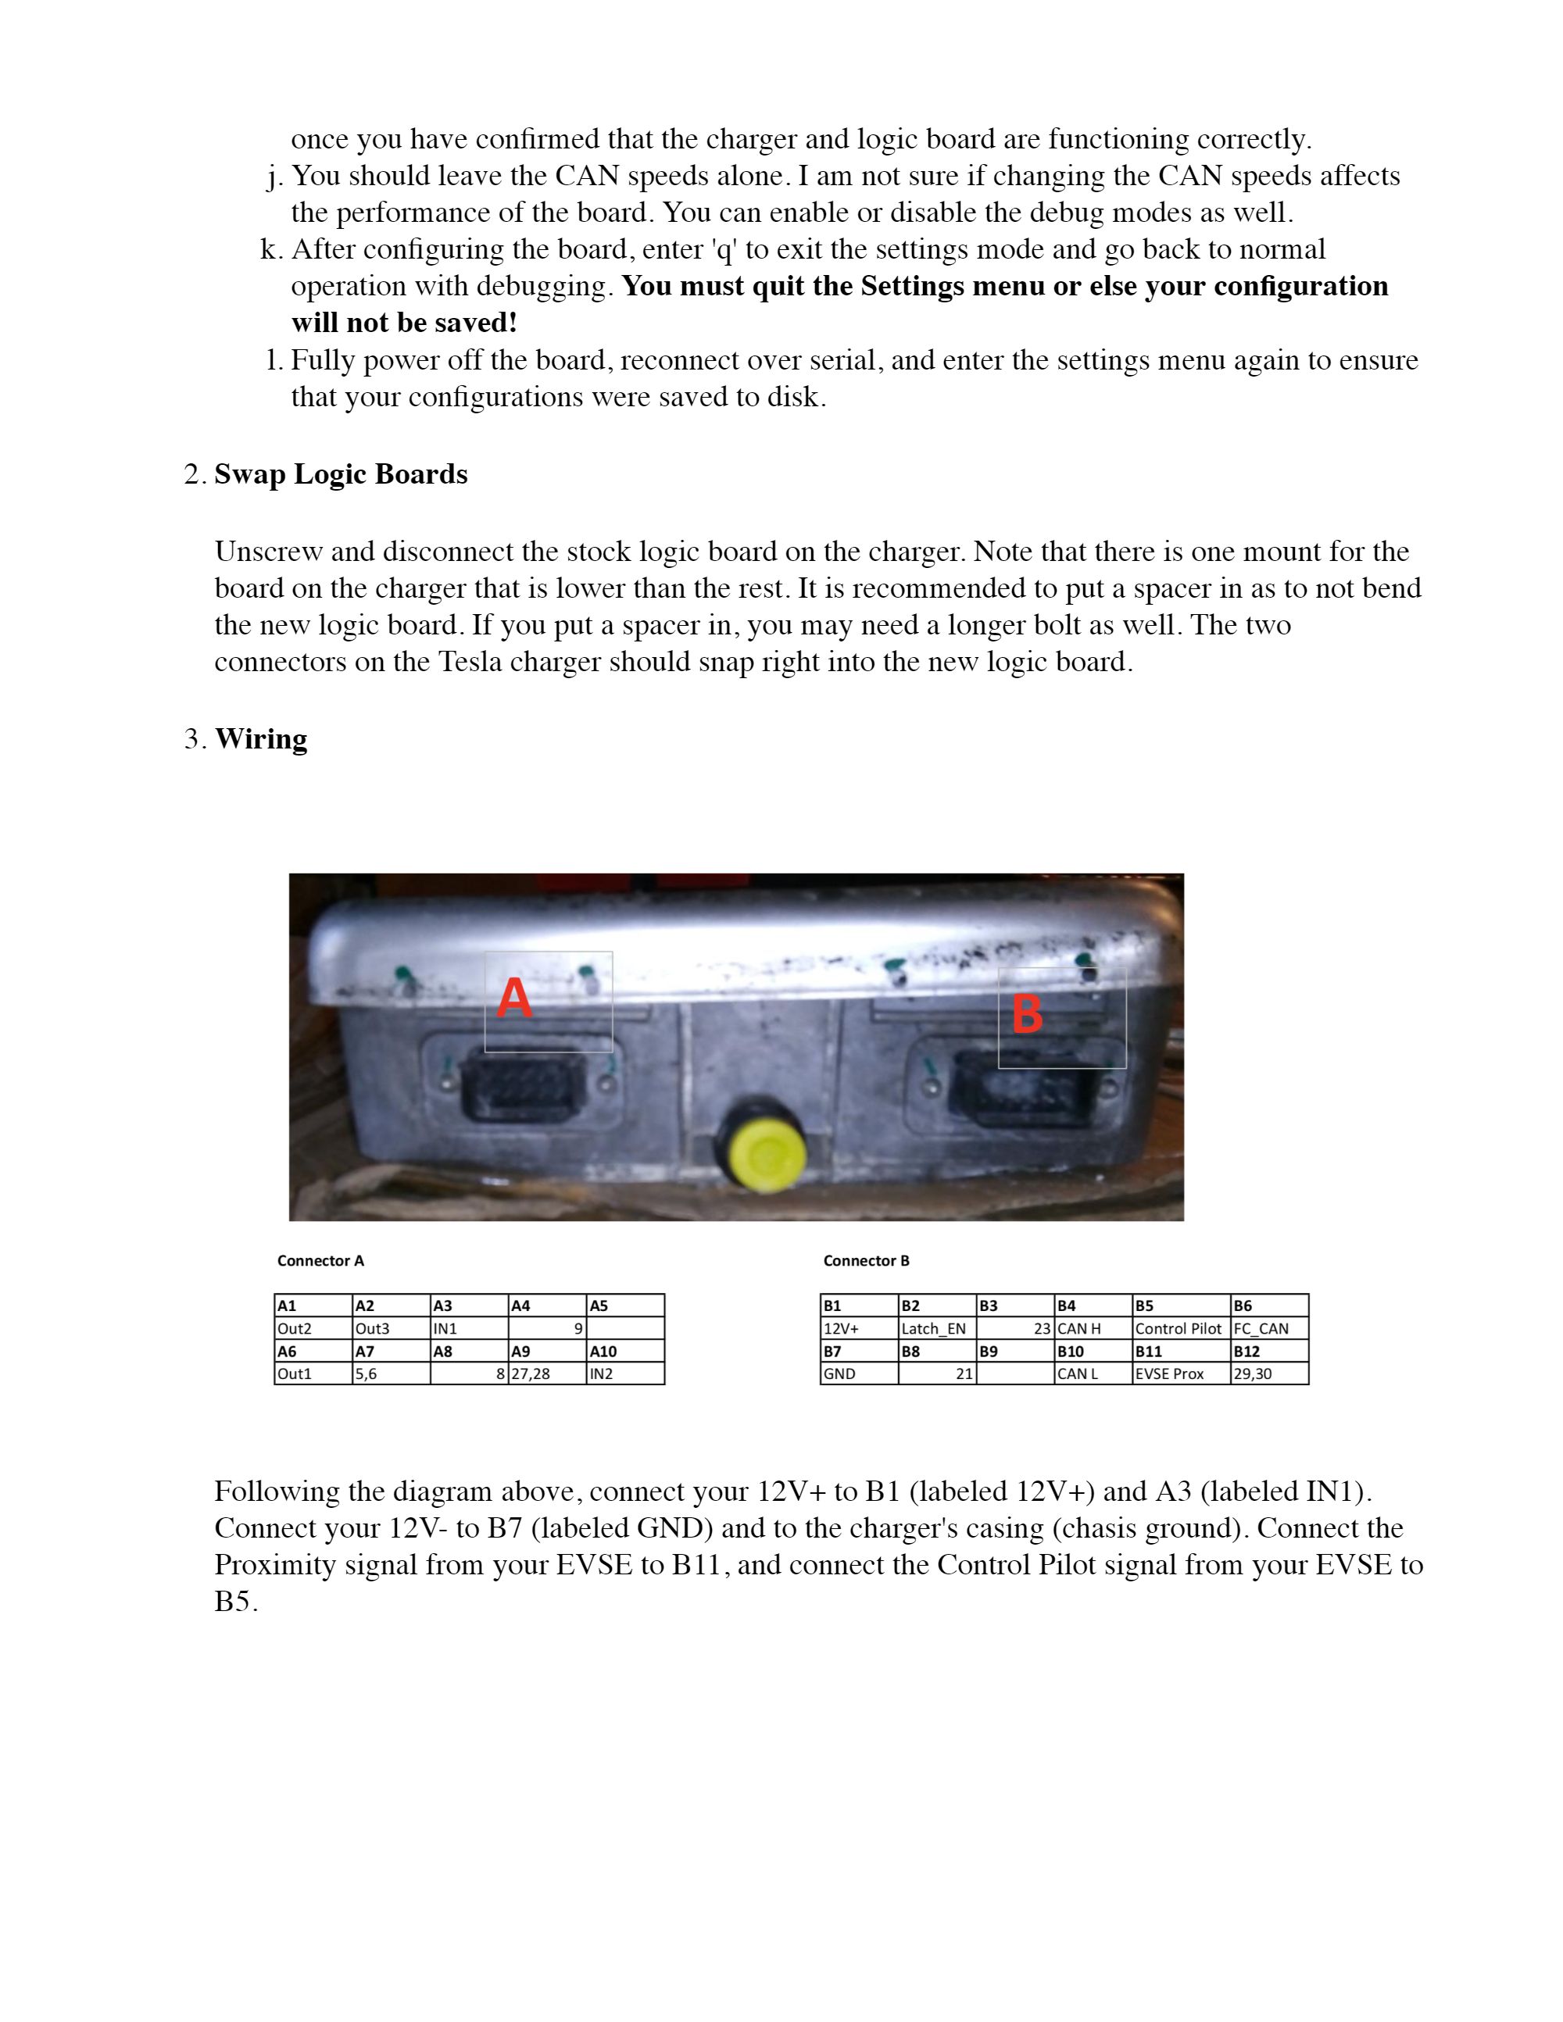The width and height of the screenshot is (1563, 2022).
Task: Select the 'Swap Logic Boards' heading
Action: [341, 474]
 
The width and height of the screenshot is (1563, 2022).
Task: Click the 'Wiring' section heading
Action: [261, 739]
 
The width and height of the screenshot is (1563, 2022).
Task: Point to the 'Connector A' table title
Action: [320, 1261]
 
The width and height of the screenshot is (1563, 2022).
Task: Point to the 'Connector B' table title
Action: [866, 1261]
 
